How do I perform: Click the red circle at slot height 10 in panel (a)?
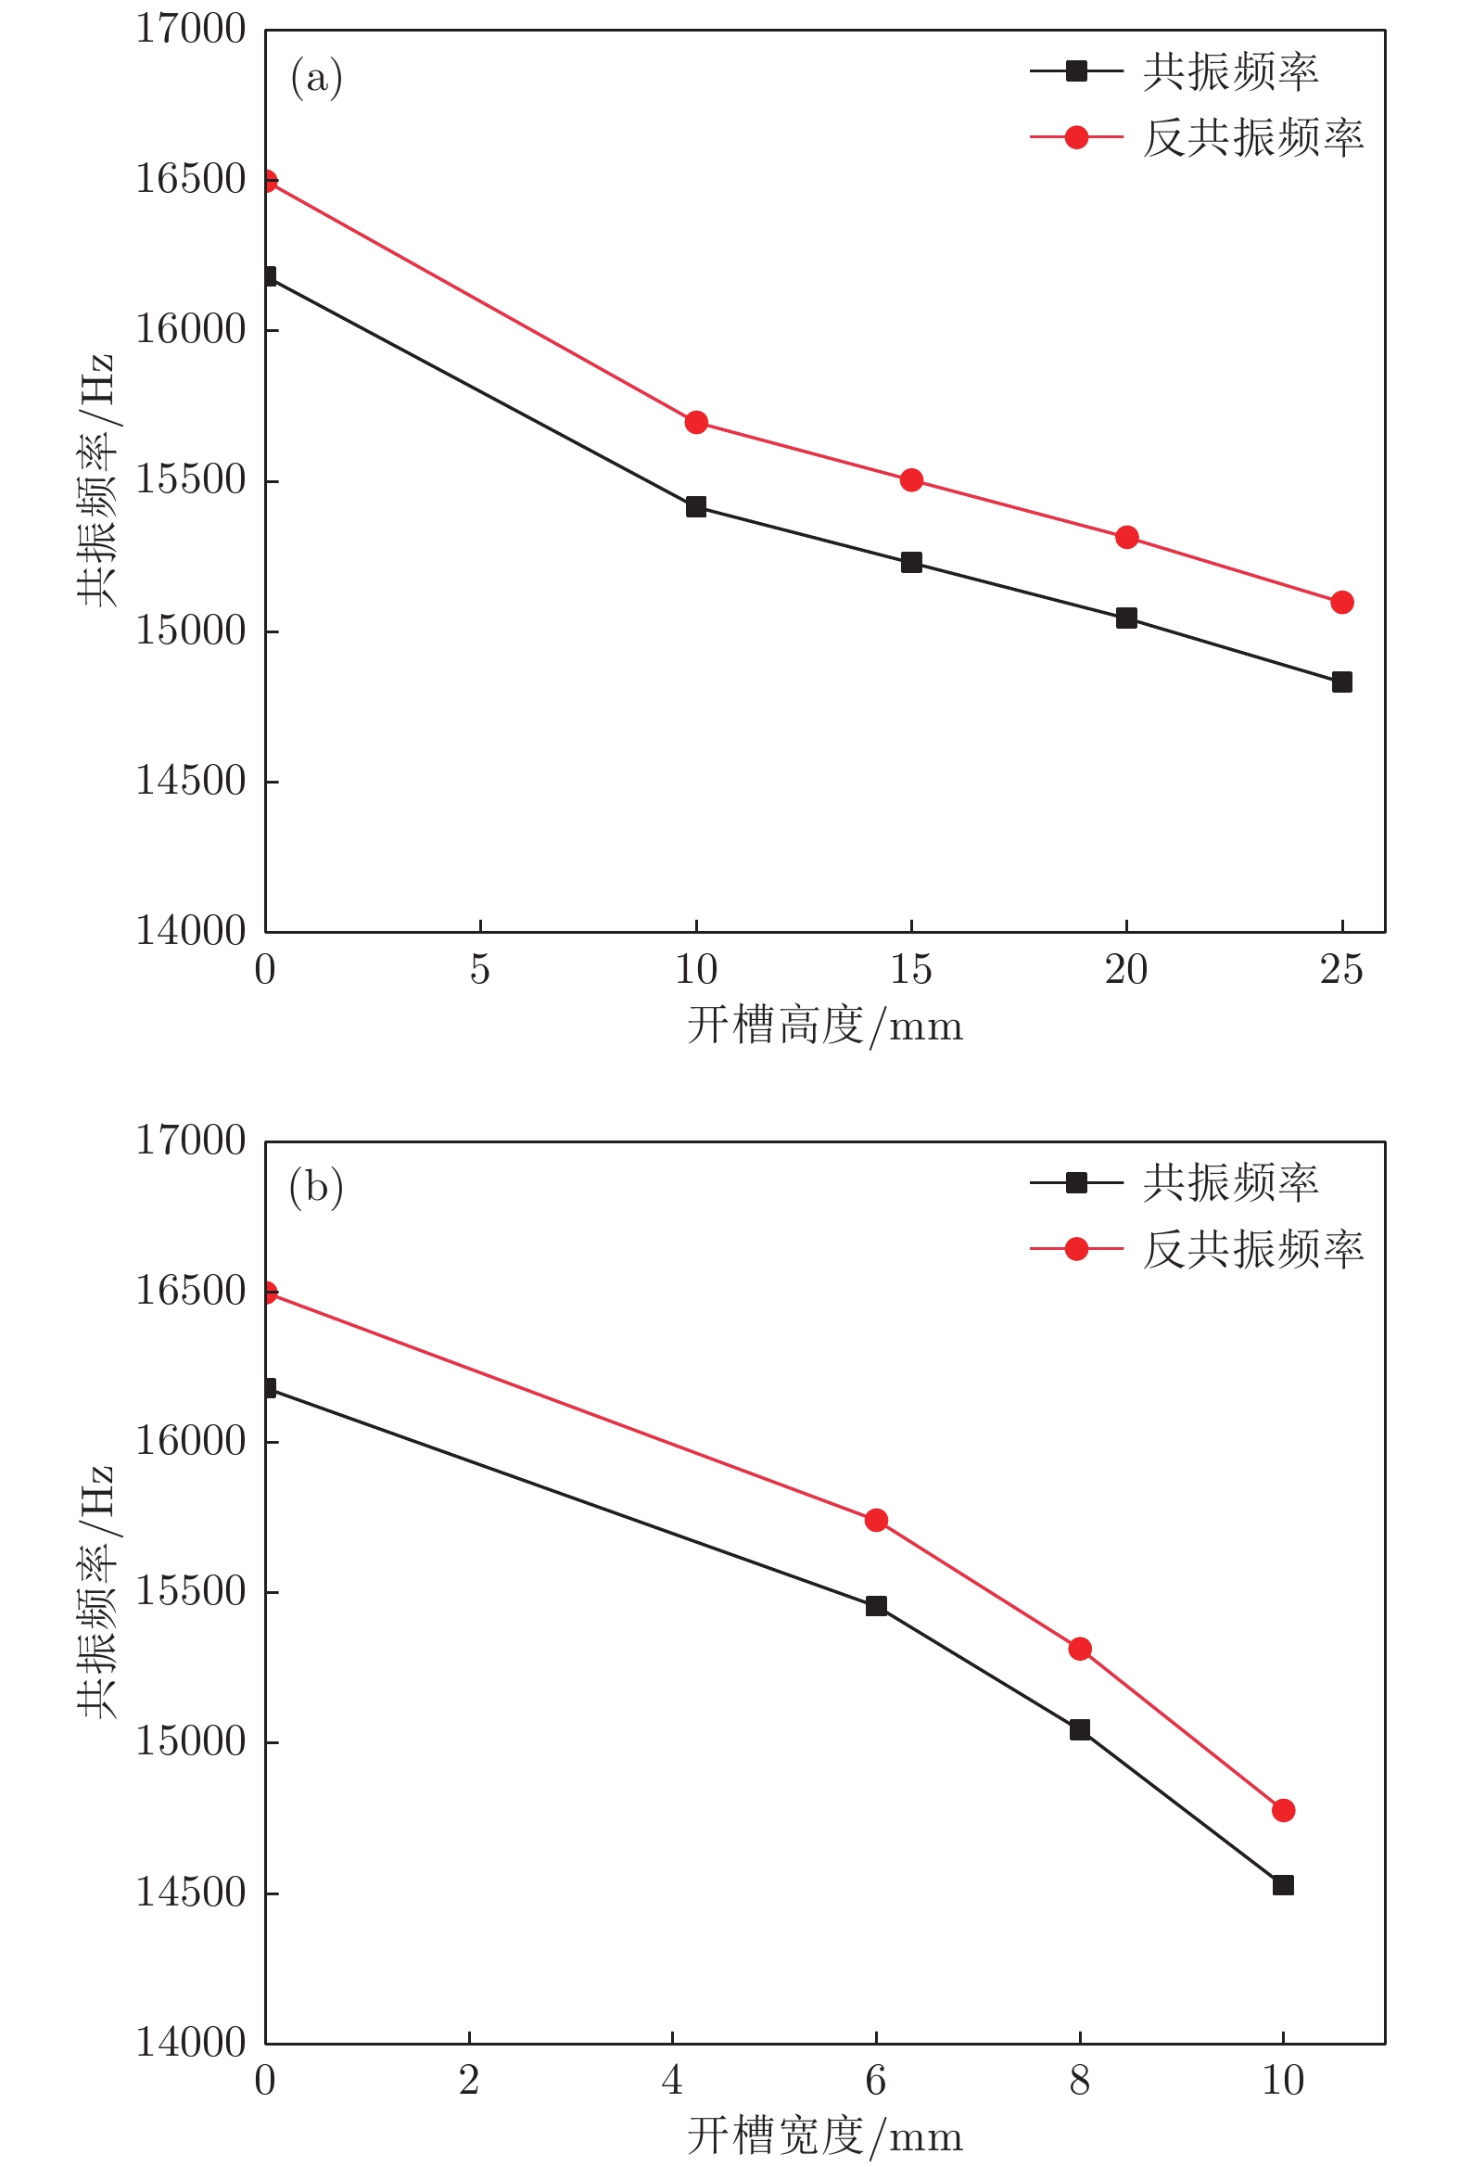695,423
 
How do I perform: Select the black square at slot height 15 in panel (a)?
911,563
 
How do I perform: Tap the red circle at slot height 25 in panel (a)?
1341,603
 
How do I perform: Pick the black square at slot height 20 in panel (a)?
1126,618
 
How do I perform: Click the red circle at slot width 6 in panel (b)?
876,1520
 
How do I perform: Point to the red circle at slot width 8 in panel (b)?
1080,1650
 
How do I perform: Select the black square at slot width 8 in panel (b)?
1080,1729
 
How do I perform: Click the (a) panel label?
317,77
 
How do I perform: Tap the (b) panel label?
317,1187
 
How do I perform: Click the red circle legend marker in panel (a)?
1076,138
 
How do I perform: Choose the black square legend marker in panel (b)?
1076,1182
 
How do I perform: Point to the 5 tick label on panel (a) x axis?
479,970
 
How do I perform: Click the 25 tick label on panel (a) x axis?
1341,970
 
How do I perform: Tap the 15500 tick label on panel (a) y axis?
191,479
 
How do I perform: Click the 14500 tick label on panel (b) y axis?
191,1893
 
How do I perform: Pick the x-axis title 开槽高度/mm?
825,1026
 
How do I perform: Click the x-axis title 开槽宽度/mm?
825,2136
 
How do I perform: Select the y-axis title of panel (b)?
95,1592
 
